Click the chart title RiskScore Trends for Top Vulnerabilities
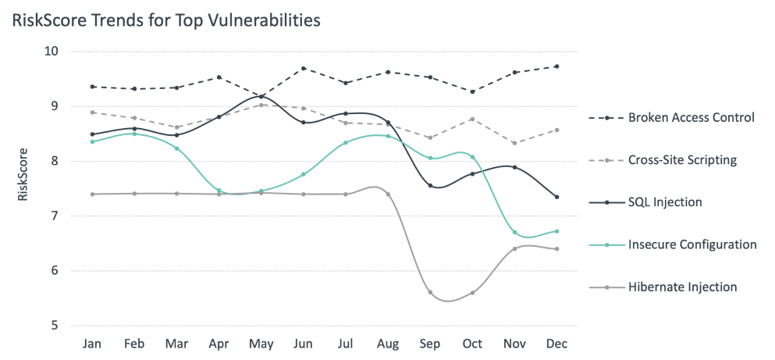pyautogui.click(x=165, y=20)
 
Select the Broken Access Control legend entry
pyautogui.click(x=691, y=118)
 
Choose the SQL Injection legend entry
pyautogui.click(x=665, y=202)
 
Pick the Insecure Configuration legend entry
pyautogui.click(x=691, y=244)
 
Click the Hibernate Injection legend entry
pyautogui.click(x=682, y=287)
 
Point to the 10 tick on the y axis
pyautogui.click(x=53, y=52)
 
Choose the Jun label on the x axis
pyautogui.click(x=304, y=344)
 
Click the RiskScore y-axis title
pyautogui.click(x=23, y=173)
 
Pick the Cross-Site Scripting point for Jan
pyautogui.click(x=93, y=112)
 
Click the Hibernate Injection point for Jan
pyautogui.click(x=93, y=194)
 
